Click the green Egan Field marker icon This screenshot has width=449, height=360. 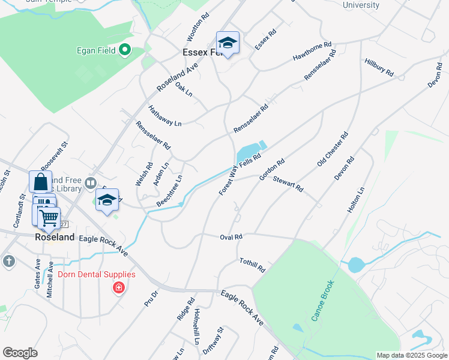pyautogui.click(x=125, y=49)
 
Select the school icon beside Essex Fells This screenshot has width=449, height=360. pyautogui.click(x=228, y=43)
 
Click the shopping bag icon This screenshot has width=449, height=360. pyautogui.click(x=40, y=182)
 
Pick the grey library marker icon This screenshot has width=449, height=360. pyautogui.click(x=91, y=182)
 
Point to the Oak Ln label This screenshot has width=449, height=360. pyautogui.click(x=184, y=89)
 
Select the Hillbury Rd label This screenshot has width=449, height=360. pyautogui.click(x=379, y=67)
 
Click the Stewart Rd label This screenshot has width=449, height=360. pyautogui.click(x=288, y=184)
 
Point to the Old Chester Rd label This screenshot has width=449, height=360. pyautogui.click(x=333, y=150)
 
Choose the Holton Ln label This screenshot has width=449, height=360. pyautogui.click(x=356, y=200)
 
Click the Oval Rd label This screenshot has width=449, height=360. pyautogui.click(x=231, y=237)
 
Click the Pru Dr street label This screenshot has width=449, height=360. pyautogui.click(x=150, y=298)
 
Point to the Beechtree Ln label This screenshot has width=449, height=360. pyautogui.click(x=169, y=191)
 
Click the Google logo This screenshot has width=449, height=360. pyautogui.click(x=20, y=353)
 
